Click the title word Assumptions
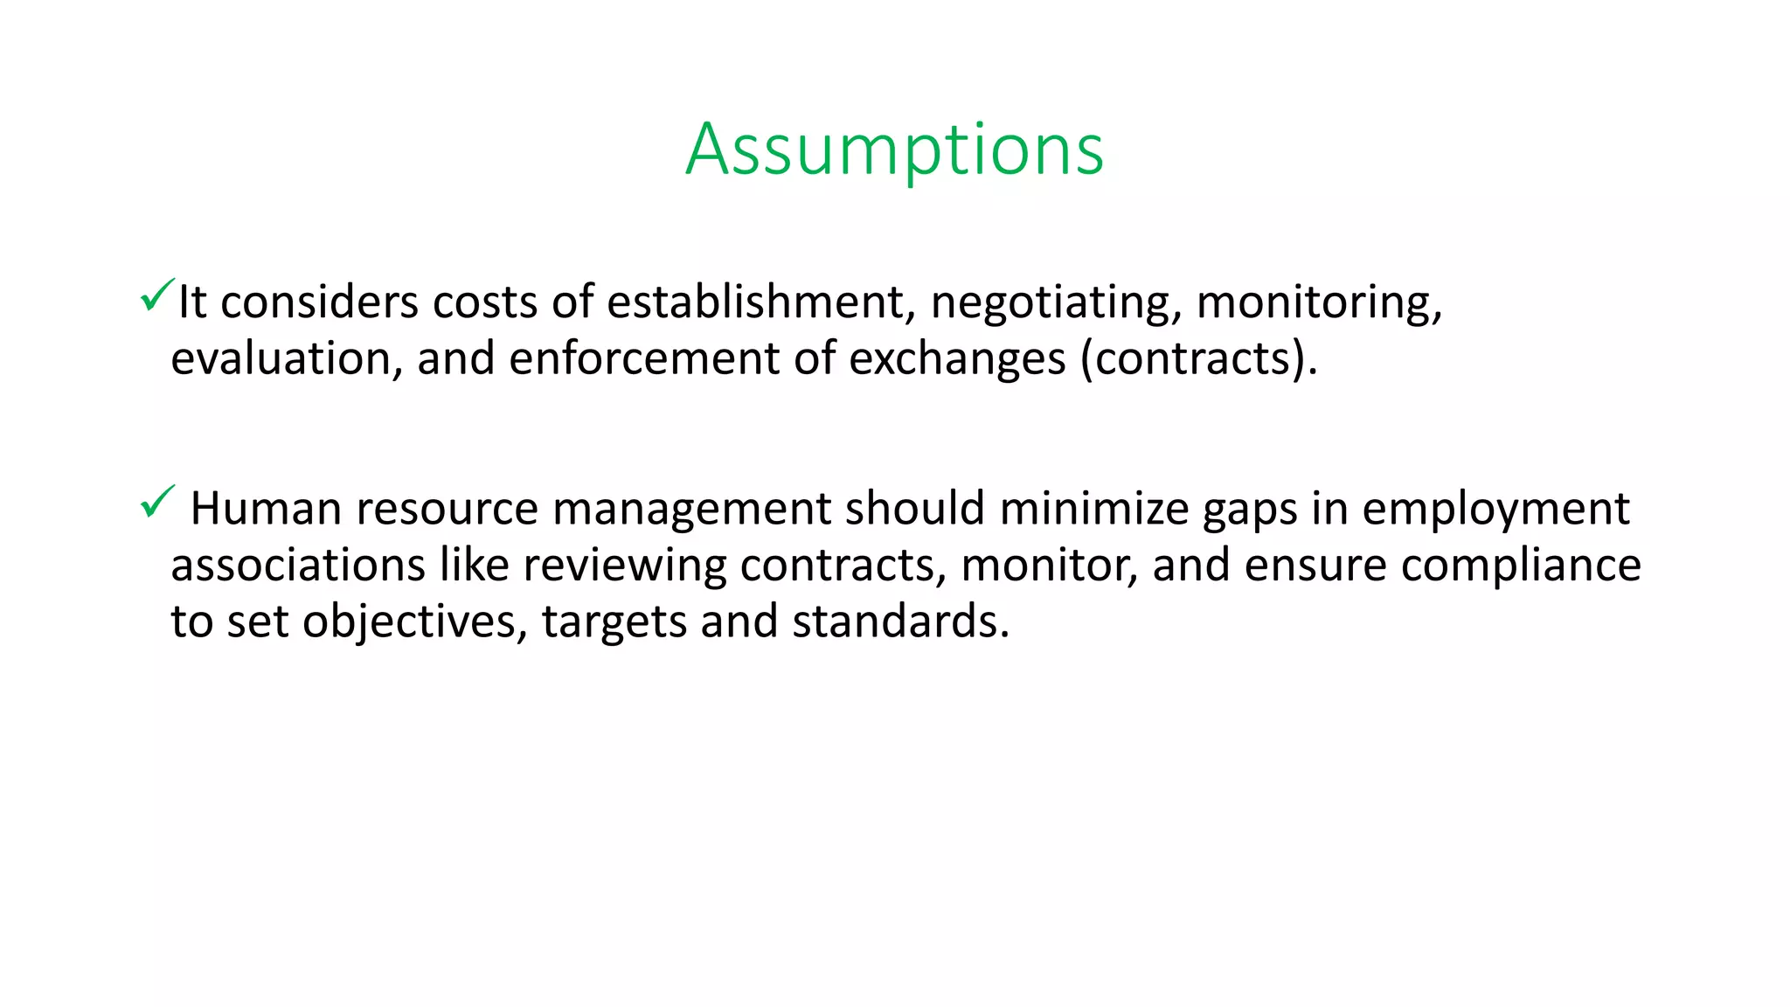pyautogui.click(x=894, y=149)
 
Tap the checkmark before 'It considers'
pyautogui.click(x=156, y=295)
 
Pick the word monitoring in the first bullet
pyautogui.click(x=1318, y=302)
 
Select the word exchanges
pyautogui.click(x=957, y=358)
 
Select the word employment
pyautogui.click(x=1495, y=510)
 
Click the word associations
pyautogui.click(x=297, y=565)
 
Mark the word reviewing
pyautogui.click(x=624, y=566)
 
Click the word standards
pyautogui.click(x=900, y=622)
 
